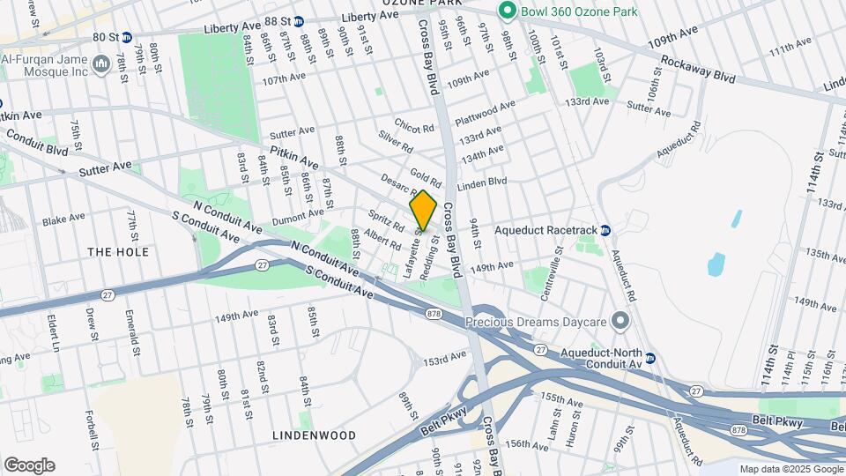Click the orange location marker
[x=423, y=211]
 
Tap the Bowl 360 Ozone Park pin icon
[x=507, y=11]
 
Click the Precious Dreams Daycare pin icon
[x=622, y=322]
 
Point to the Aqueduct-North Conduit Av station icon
[x=650, y=358]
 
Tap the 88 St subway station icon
[x=299, y=20]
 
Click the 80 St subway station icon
[x=127, y=37]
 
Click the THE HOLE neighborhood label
[x=118, y=252]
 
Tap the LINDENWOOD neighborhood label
[x=314, y=435]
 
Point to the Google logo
[x=29, y=465]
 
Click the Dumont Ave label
[x=298, y=214]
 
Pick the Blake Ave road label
[x=63, y=217]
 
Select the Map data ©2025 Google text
[x=790, y=469]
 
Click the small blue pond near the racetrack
[x=716, y=263]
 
